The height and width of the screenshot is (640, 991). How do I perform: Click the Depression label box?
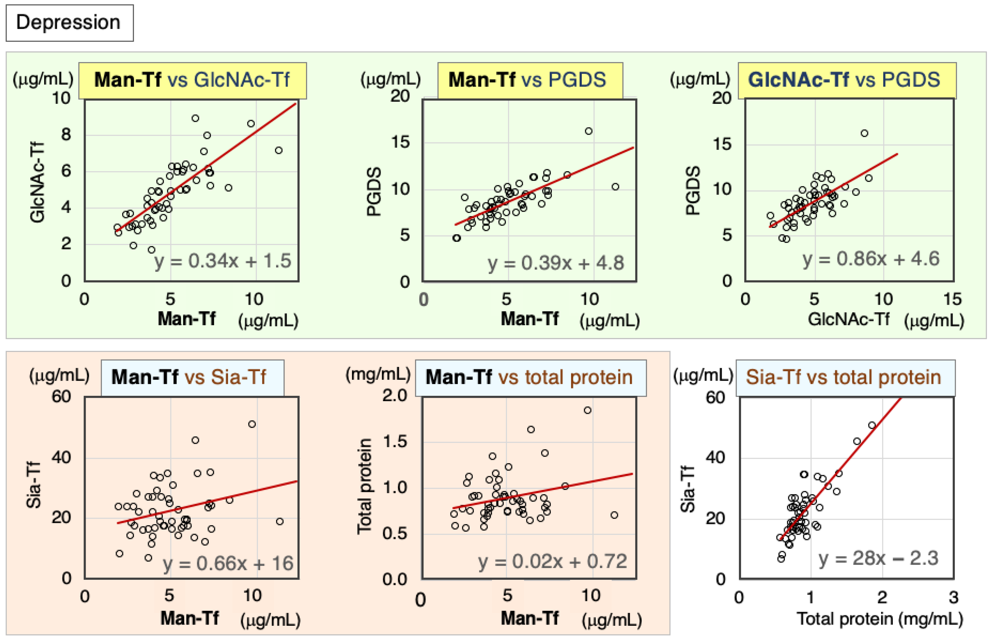pyautogui.click(x=69, y=23)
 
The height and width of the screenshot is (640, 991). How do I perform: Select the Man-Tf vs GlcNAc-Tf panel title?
pyautogui.click(x=192, y=80)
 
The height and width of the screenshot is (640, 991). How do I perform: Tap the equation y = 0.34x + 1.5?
pyautogui.click(x=223, y=261)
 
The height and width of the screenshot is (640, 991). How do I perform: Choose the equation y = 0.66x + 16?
pyautogui.click(x=228, y=563)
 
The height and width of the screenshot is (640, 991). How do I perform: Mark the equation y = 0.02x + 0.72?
pyautogui.click(x=552, y=561)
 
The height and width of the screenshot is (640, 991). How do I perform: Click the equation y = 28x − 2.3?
pyautogui.click(x=878, y=558)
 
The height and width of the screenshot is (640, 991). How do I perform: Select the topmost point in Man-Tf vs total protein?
pyautogui.click(x=587, y=410)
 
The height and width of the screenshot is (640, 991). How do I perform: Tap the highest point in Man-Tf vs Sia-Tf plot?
pyautogui.click(x=252, y=424)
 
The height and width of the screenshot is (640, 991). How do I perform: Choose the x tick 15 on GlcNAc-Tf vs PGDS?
pyautogui.click(x=952, y=299)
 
